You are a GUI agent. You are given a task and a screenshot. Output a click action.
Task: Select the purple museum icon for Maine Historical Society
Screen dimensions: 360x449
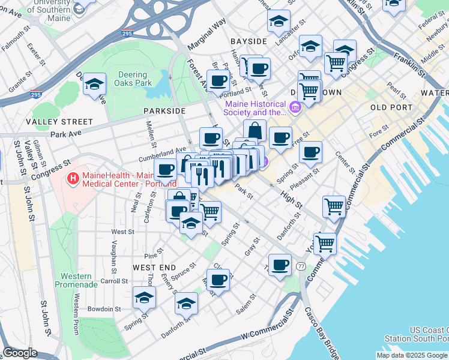(x=295, y=108)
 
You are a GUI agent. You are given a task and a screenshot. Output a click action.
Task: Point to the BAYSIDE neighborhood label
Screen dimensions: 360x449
(x=248, y=41)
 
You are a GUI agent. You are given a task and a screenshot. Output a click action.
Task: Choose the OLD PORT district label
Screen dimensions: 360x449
(x=391, y=107)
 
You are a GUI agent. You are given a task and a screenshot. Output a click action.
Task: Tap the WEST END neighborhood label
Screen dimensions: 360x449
(x=154, y=267)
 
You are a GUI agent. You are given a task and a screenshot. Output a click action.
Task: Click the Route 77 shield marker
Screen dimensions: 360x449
(x=301, y=265)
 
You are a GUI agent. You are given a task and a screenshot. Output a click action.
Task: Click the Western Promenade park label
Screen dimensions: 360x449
(x=76, y=280)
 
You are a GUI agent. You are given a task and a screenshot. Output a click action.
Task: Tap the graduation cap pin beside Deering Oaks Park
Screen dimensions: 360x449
(x=95, y=85)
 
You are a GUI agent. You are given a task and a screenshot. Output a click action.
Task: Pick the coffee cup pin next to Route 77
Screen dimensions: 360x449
(x=279, y=265)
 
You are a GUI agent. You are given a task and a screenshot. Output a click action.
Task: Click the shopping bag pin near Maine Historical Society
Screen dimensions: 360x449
(x=255, y=130)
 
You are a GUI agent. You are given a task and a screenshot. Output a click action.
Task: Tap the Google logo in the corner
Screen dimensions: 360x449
(x=20, y=353)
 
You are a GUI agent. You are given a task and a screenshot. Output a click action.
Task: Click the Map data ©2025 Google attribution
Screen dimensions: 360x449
(x=412, y=355)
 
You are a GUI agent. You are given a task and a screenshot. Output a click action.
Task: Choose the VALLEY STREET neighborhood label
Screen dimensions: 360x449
(x=59, y=122)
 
